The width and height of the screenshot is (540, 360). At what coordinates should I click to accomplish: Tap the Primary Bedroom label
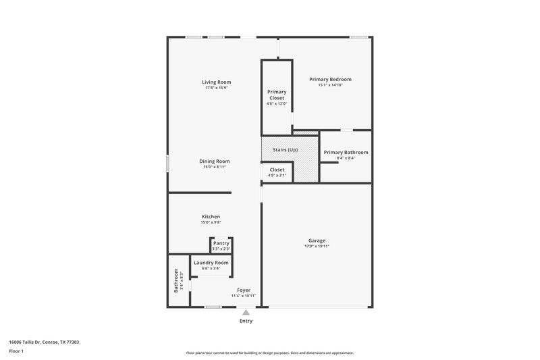(x=330, y=79)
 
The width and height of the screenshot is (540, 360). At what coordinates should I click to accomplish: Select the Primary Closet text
(x=277, y=95)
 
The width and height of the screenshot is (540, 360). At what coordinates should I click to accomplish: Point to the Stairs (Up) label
(x=285, y=149)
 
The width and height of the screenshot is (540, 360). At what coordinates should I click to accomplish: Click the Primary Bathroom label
(x=346, y=152)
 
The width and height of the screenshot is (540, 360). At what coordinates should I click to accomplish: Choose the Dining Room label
(x=215, y=161)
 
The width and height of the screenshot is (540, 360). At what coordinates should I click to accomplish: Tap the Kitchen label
(x=211, y=216)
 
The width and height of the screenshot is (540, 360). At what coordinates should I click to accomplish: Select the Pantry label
(x=221, y=243)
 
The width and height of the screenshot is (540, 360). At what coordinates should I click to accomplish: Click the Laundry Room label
(x=211, y=262)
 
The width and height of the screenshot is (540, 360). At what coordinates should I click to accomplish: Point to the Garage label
(x=317, y=240)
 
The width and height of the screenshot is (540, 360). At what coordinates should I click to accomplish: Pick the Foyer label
(x=244, y=290)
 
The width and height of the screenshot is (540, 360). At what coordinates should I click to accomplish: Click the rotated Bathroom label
(x=175, y=280)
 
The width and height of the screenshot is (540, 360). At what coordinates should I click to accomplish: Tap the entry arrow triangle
(x=246, y=312)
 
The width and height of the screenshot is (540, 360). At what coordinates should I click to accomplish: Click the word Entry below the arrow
(x=246, y=321)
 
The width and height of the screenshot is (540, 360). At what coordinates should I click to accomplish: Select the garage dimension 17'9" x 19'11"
(x=317, y=247)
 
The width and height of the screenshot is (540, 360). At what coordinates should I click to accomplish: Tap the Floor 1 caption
(x=16, y=351)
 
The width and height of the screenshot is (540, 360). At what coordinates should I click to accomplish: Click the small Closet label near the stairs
(x=277, y=170)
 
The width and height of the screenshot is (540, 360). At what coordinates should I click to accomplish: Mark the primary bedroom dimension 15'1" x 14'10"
(x=330, y=85)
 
